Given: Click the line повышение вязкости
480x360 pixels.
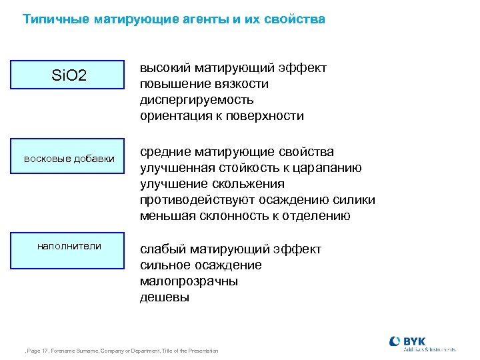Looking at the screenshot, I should pos(204,84).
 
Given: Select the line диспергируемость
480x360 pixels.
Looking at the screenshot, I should pos(197,100).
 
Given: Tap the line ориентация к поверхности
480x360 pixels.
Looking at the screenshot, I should pos(221,116).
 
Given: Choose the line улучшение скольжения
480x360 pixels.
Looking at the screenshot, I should pos(212,184).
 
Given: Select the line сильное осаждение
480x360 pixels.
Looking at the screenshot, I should pos(201,265).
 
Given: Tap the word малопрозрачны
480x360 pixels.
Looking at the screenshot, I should pos(189,281).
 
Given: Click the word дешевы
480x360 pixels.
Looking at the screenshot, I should pos(165,297).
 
